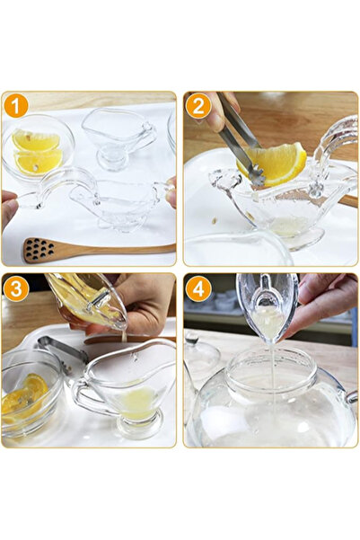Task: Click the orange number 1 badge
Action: click(x=15, y=106)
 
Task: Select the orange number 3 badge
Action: click(x=15, y=289)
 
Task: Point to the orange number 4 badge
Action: click(x=198, y=289)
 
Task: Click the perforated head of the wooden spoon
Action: click(x=40, y=251)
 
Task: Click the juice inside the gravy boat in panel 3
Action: click(x=136, y=402)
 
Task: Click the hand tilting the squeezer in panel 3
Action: click(x=144, y=301)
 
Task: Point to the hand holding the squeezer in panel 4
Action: click(x=323, y=301)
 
